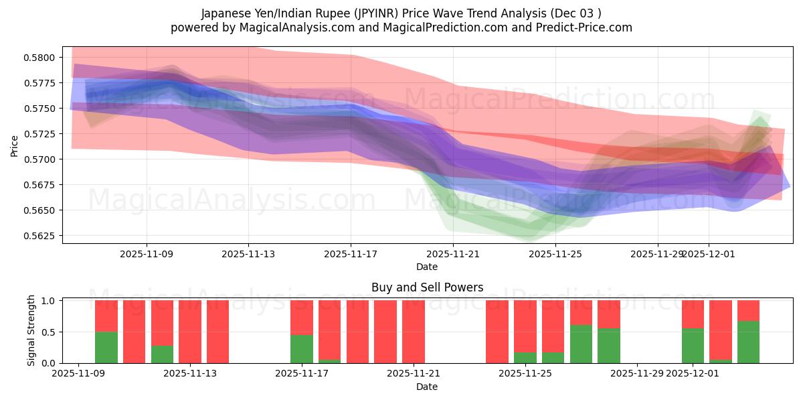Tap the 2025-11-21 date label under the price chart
pyautogui.click(x=453, y=255)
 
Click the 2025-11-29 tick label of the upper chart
pyautogui.click(x=657, y=255)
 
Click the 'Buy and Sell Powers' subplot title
pyautogui.click(x=427, y=287)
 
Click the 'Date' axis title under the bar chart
pyautogui.click(x=427, y=387)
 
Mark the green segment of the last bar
pyautogui.click(x=748, y=342)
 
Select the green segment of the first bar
pyautogui.click(x=106, y=347)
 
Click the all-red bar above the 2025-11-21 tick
pyautogui.click(x=414, y=332)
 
